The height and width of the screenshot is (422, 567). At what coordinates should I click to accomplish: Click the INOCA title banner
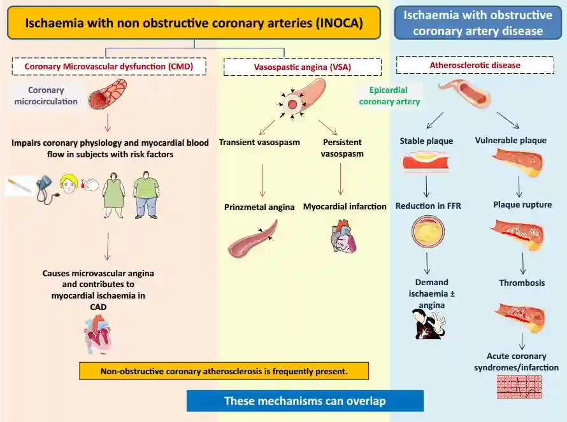pyautogui.click(x=194, y=24)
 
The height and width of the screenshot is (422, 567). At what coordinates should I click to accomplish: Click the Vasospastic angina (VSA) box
pyautogui.click(x=303, y=67)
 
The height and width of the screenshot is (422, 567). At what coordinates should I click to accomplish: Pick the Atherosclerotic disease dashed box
pyautogui.click(x=475, y=65)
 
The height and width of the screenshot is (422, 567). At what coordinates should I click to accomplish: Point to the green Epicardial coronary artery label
pyautogui.click(x=389, y=95)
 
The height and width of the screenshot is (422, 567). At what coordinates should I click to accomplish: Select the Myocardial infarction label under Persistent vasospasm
pyautogui.click(x=345, y=206)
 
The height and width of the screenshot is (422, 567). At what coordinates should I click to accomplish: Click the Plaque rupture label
pyautogui.click(x=522, y=205)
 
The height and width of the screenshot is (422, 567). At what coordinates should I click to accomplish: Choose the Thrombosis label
pyautogui.click(x=522, y=283)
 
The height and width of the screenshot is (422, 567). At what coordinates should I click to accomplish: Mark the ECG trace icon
pyautogui.click(x=519, y=386)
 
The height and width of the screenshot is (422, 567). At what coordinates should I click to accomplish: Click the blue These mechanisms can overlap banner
pyautogui.click(x=305, y=401)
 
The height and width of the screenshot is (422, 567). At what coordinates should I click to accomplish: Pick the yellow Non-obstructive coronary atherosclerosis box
pyautogui.click(x=224, y=371)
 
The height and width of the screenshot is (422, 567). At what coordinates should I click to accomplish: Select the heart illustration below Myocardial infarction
pyautogui.click(x=345, y=238)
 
